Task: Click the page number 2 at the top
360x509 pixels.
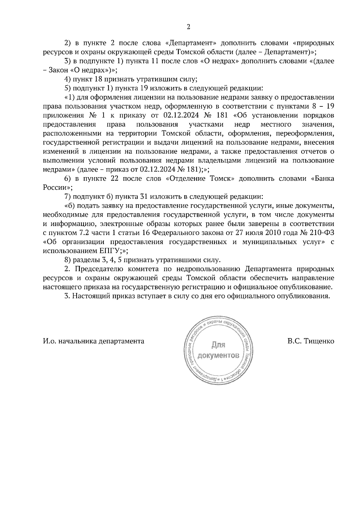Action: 188,27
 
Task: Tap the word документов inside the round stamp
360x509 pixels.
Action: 218,356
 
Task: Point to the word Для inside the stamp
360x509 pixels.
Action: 218,345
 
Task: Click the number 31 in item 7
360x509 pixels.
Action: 144,197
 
